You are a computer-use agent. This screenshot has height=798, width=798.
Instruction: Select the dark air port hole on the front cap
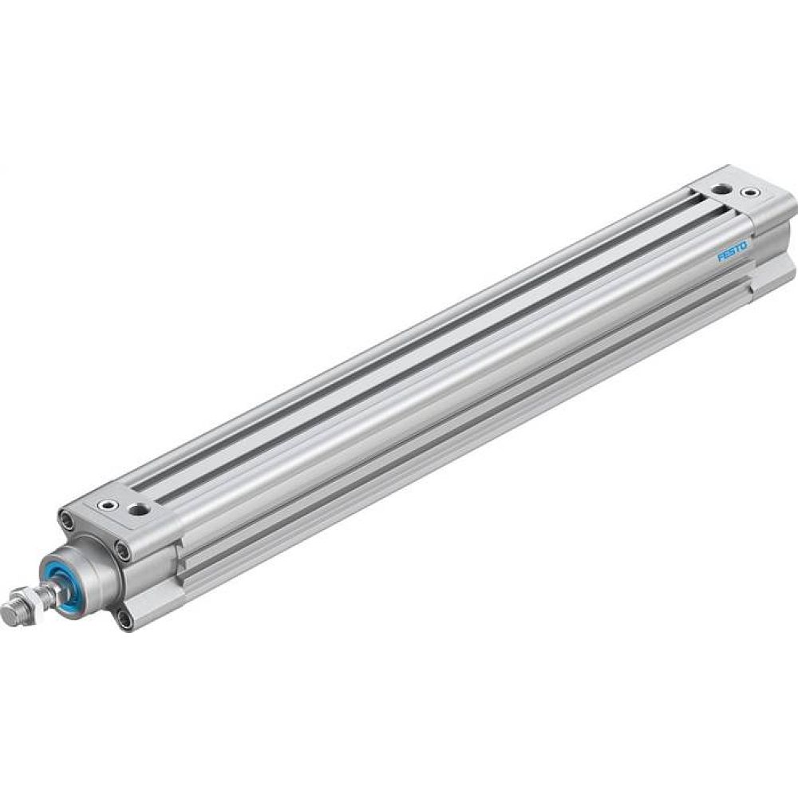pos(140,509)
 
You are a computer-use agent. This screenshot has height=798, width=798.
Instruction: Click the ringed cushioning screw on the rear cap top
pos(749,193)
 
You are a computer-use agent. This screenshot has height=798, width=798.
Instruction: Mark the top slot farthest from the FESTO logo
pos(415,319)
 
